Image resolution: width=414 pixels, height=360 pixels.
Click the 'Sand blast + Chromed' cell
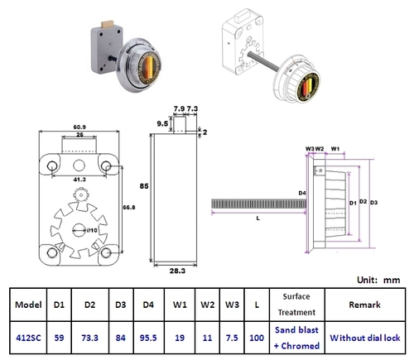tap(296, 337)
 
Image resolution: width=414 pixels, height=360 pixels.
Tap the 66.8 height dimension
tap(129, 205)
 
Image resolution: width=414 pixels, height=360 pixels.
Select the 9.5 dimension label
tap(161, 125)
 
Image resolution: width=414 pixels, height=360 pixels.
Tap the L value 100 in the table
tap(258, 337)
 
